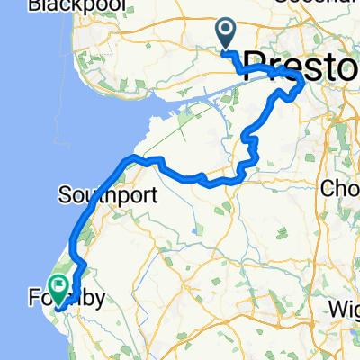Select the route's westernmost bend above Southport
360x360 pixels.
click(x=122, y=165)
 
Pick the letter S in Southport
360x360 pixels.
click(x=64, y=194)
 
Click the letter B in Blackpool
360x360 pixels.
click(x=34, y=6)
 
